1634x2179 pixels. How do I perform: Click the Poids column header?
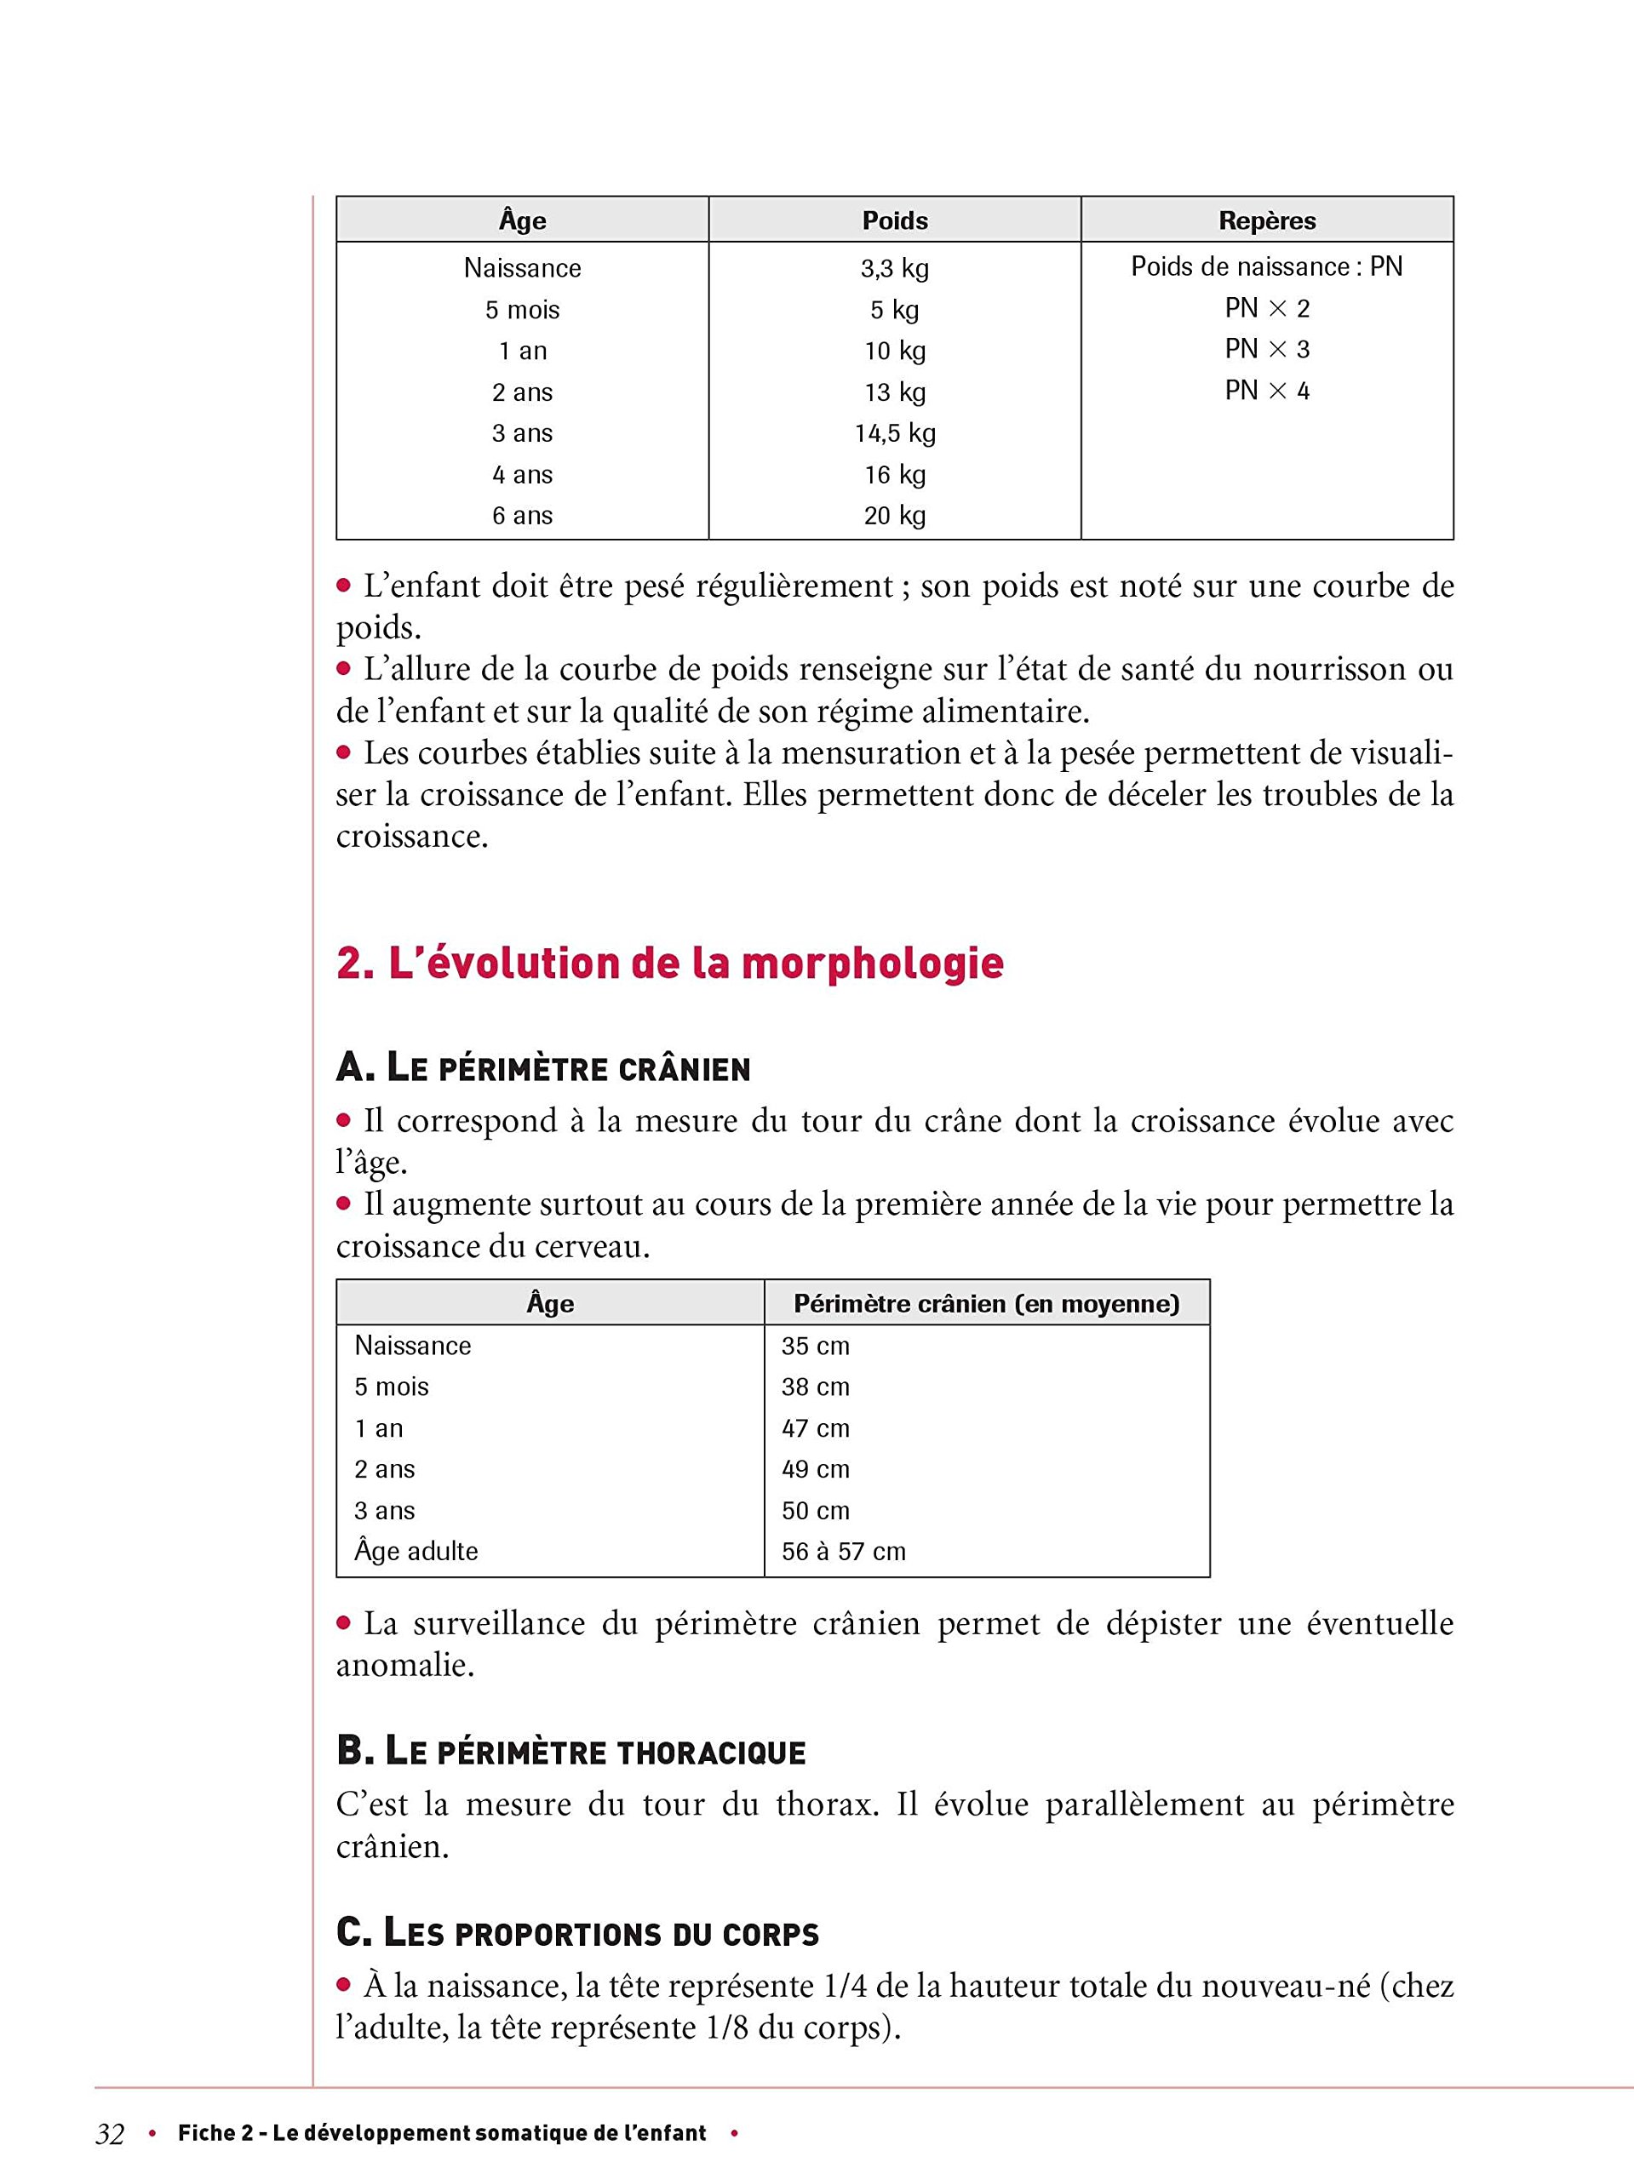(894, 220)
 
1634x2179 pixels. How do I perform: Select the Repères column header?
(1266, 220)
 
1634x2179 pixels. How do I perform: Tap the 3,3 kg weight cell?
(894, 268)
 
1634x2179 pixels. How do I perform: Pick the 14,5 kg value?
(894, 433)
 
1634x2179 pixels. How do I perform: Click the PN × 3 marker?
(1266, 350)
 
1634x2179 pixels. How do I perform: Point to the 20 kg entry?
(894, 515)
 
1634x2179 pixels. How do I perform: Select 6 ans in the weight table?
(522, 515)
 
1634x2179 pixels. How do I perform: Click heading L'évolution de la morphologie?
(669, 964)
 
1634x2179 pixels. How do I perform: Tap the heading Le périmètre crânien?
(543, 1069)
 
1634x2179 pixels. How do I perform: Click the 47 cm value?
(815, 1428)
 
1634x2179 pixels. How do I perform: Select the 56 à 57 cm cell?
(843, 1552)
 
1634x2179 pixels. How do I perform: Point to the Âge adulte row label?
(416, 1552)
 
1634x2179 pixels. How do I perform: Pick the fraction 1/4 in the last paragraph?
(846, 1986)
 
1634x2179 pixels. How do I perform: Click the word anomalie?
(404, 1666)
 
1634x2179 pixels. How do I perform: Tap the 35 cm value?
(815, 1346)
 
